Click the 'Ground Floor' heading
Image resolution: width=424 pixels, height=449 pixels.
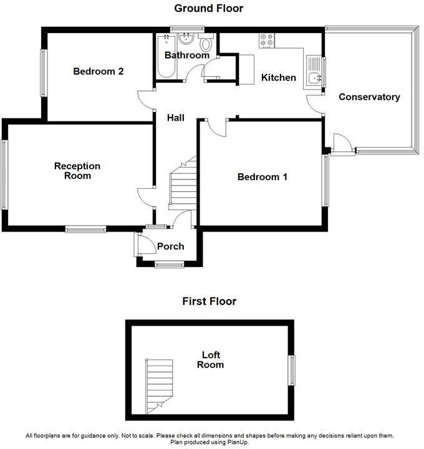point(208,8)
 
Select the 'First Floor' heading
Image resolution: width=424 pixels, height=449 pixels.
point(209,301)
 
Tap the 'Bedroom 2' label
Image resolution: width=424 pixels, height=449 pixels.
point(98,71)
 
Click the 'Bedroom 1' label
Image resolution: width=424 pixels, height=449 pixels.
point(262,177)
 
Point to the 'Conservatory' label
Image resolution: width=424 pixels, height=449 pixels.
point(369,97)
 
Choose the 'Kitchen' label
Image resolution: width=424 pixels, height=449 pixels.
point(278,78)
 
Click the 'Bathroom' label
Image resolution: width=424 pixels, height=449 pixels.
point(186,55)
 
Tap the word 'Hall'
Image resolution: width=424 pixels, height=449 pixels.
point(175,117)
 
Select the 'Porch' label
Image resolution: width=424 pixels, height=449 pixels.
point(170,247)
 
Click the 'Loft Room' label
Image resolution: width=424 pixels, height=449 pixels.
point(210,360)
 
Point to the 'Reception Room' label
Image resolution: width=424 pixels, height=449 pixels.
point(77,171)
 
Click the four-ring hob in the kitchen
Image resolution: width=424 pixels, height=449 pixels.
point(267,40)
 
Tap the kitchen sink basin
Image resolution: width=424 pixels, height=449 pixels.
point(315,78)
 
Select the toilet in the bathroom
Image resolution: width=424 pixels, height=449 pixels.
point(206,44)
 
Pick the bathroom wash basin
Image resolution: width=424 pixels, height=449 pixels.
point(186,40)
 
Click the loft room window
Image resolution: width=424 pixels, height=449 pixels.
point(291,370)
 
